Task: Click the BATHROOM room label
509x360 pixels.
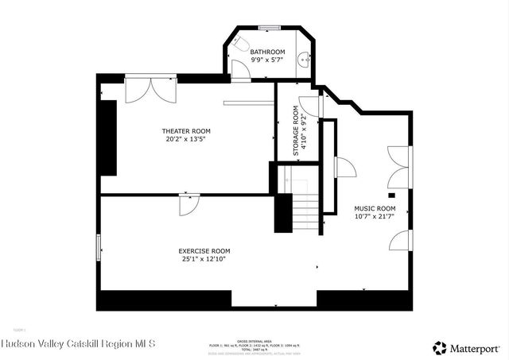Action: coord(267,52)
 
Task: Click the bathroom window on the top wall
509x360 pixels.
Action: coord(268,29)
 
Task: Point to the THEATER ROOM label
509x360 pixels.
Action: coord(186,131)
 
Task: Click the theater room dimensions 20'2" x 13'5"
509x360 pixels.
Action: coord(186,139)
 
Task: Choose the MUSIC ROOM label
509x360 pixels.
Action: coord(375,209)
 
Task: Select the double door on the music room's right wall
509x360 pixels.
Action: coord(398,166)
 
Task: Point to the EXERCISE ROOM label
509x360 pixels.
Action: coord(204,251)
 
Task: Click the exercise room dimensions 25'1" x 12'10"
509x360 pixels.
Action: coord(204,259)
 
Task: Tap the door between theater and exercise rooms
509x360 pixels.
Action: coord(188,203)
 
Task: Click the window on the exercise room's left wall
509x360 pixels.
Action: coord(99,247)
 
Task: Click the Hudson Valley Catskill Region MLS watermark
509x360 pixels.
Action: coord(79,344)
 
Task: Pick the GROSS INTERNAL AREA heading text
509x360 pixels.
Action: coord(254,339)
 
